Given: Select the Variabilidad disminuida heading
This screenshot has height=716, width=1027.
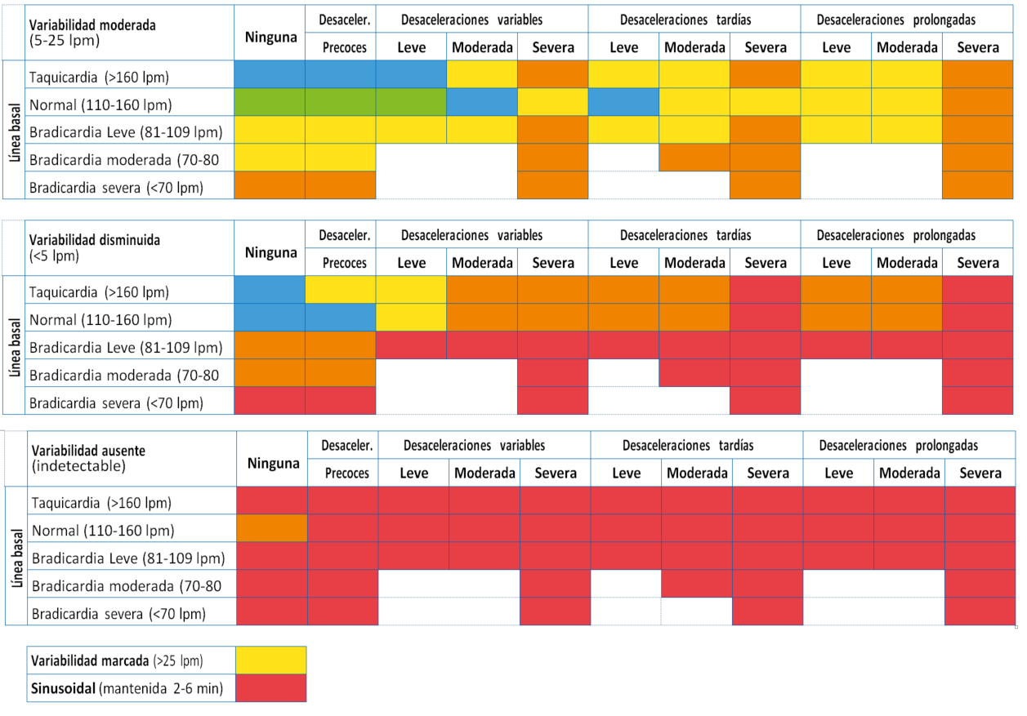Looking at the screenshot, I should (x=94, y=240).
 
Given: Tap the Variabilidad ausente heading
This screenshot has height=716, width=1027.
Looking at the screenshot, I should (x=88, y=450).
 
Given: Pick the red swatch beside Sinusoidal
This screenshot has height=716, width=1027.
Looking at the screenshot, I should (x=270, y=688).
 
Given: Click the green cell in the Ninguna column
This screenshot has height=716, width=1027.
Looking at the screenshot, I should (x=270, y=103).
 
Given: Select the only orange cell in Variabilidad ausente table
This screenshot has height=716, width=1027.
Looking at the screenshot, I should (x=272, y=528).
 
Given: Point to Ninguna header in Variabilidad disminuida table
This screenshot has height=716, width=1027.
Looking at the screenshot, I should (x=270, y=252).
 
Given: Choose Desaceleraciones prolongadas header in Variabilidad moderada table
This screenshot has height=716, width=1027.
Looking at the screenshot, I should (x=895, y=18).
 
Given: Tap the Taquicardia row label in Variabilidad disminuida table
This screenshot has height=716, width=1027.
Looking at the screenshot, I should (x=100, y=291).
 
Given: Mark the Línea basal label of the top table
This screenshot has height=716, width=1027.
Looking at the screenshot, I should (x=15, y=130).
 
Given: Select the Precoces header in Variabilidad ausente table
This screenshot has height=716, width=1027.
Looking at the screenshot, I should (x=346, y=473).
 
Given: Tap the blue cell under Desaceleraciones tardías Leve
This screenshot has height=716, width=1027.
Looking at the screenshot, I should (x=623, y=103).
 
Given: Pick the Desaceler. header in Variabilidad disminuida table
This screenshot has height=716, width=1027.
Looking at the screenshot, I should (x=346, y=235).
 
